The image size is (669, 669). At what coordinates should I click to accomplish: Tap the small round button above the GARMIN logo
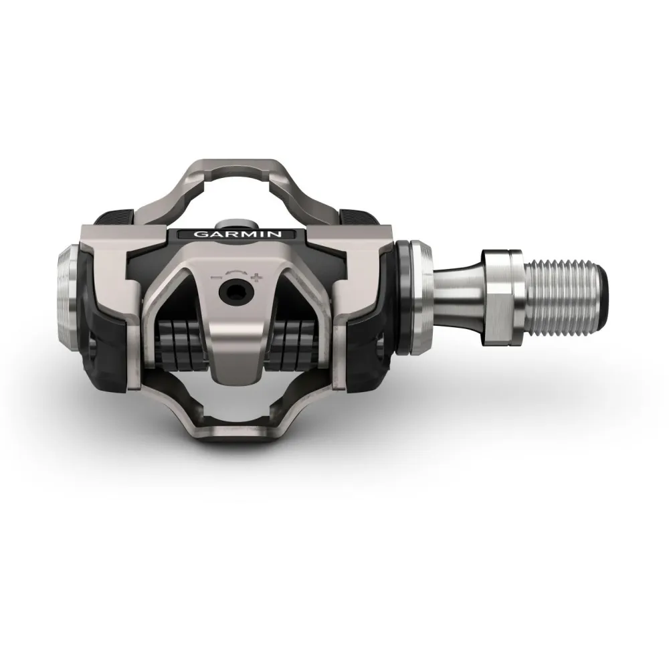(235, 220)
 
